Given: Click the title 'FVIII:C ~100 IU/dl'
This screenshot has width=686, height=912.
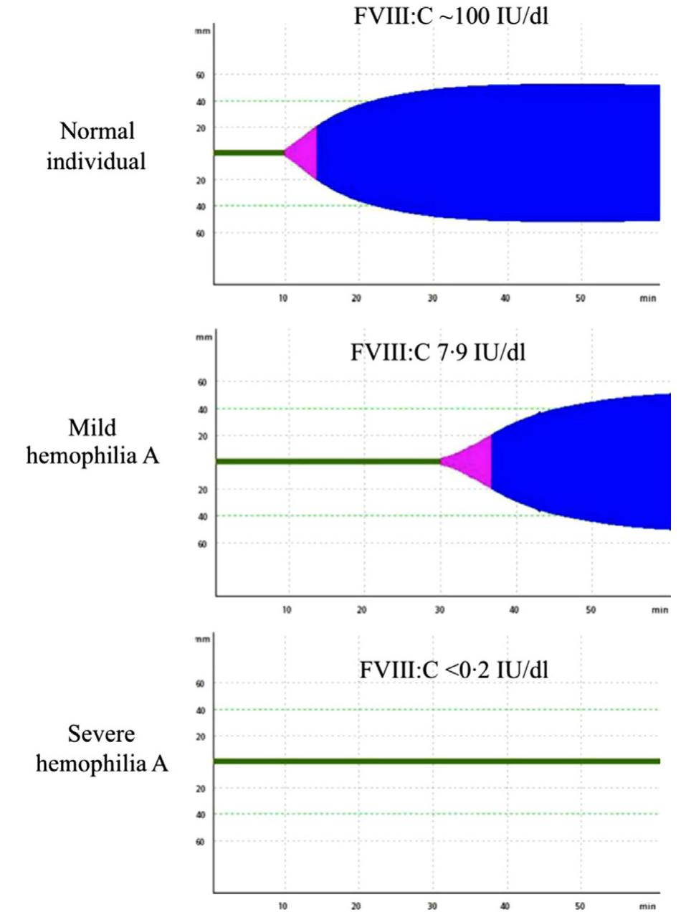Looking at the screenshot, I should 451,16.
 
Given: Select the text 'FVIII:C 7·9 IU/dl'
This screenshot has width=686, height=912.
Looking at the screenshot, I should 437,353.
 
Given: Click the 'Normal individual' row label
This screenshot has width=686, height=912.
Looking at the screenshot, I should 96,146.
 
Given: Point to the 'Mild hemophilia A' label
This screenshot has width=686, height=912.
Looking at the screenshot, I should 92,442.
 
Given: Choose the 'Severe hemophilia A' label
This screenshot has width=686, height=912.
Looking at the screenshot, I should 102,749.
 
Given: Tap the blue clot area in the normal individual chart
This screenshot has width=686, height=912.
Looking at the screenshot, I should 487,153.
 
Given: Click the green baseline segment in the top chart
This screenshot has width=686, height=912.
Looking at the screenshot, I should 249,153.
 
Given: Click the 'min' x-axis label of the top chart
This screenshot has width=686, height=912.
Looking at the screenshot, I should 647,298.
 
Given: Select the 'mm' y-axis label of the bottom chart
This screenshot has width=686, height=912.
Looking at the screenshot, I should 203,639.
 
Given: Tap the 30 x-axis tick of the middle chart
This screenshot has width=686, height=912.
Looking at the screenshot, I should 439,610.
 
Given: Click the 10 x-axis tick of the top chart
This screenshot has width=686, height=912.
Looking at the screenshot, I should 284,298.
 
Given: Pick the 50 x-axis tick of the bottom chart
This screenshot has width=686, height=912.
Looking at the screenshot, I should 580,906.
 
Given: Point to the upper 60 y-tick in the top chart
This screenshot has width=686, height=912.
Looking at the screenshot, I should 201,75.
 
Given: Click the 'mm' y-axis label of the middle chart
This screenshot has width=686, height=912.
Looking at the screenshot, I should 204,337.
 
